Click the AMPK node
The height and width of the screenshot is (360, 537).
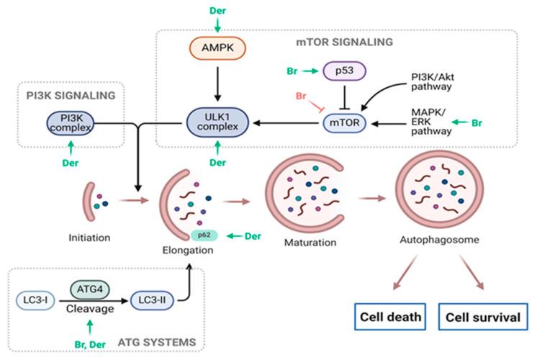tap(216, 48)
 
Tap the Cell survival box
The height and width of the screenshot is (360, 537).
tap(482, 317)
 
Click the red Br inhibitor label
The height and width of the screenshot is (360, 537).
tap(302, 96)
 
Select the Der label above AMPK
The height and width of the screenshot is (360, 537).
tap(217, 10)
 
